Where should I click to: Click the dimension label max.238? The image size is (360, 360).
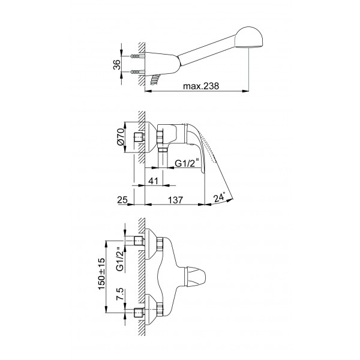tap(201, 86)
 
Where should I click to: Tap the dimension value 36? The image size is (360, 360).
tap(117, 65)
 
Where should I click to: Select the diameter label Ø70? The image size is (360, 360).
tap(121, 137)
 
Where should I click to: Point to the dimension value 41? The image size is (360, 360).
tap(154, 181)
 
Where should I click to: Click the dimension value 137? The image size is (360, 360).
tap(176, 200)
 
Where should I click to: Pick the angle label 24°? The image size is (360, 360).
tap(219, 198)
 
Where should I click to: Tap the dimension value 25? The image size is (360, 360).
tap(122, 200)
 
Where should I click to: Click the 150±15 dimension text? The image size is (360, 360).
tap(101, 274)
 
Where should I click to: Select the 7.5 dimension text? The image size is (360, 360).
tap(120, 295)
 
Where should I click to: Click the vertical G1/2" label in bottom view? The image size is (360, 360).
tap(119, 259)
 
